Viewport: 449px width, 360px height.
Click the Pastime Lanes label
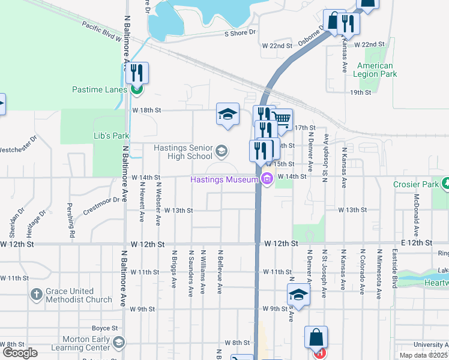click(x=100, y=89)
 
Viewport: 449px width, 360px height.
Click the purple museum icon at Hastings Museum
click(x=267, y=178)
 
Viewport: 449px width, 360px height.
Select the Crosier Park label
click(x=415, y=185)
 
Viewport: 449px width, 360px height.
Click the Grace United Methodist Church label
click(x=79, y=295)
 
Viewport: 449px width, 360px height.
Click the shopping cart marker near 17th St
click(x=281, y=119)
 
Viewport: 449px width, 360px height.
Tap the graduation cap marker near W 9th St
click(x=298, y=295)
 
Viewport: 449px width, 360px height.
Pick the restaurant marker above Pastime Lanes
click(x=137, y=73)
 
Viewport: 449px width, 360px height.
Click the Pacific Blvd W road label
click(x=102, y=31)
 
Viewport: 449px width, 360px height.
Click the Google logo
click(x=19, y=352)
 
